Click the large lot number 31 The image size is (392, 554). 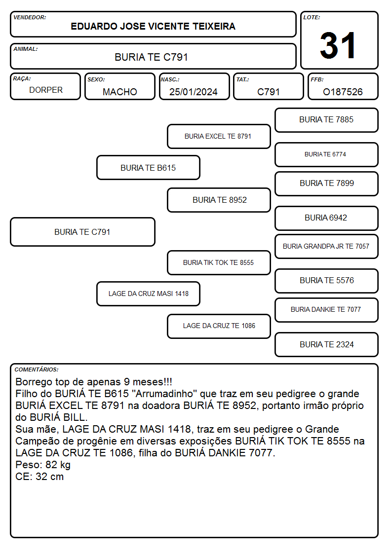pos(338,45)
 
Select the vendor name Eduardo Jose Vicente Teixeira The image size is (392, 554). pos(153,26)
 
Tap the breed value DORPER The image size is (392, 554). pos(46,90)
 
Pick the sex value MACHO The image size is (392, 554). pos(120,92)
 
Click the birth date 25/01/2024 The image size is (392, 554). pos(194,92)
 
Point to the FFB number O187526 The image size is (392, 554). pos(343,92)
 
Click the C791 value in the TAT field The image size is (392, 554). pos(268,92)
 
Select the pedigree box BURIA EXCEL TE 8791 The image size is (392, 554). pos(219,136)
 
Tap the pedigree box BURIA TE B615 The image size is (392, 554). pos(148,168)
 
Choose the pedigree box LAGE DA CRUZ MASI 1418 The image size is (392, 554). pos(148,294)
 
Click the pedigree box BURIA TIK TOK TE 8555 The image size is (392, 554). pos(219,262)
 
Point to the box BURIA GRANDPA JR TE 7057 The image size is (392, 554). pos(326,246)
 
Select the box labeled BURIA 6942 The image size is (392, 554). pos(326,218)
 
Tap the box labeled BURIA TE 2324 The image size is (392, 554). pos(326,344)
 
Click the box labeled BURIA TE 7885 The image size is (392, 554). pos(326,120)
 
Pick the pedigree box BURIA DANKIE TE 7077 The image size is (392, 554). pos(326,309)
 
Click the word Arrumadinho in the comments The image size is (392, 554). pos(166,394)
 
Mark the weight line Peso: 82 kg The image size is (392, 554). pos(43,465)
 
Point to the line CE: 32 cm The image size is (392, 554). pos(39,477)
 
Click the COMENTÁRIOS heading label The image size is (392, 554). pos(37,369)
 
